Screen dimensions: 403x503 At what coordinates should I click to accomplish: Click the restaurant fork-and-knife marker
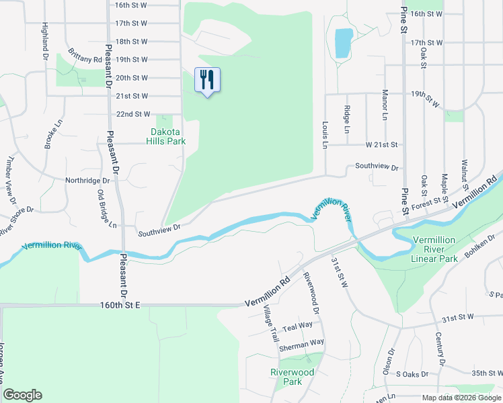(x=207, y=80)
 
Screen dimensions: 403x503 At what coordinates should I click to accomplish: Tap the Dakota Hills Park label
(x=167, y=137)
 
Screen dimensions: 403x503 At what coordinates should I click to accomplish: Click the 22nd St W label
(x=132, y=115)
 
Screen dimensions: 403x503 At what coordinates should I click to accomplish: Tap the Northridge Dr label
(x=87, y=181)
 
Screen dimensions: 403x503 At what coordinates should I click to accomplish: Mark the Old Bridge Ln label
(x=103, y=208)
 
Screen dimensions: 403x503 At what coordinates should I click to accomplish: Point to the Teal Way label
(x=297, y=326)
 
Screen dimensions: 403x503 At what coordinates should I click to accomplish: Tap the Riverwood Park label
(x=292, y=377)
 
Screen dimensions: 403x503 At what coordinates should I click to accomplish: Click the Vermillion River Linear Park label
(x=434, y=249)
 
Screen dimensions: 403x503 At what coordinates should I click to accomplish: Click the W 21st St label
(x=382, y=144)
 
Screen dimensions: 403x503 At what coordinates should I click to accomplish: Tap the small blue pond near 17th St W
(x=343, y=43)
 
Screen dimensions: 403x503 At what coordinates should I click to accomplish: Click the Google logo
(x=22, y=395)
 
